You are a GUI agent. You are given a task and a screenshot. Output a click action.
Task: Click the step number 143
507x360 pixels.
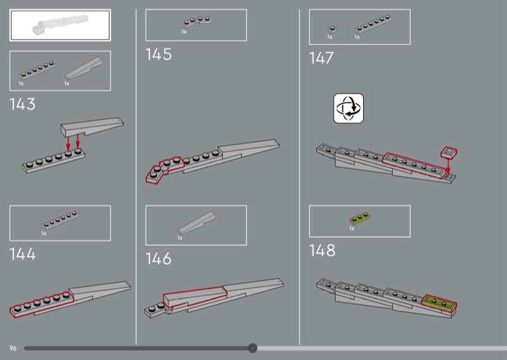[22, 104]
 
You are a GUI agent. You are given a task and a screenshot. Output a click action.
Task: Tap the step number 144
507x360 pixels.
[23, 254]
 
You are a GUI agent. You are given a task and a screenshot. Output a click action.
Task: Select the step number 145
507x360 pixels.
[158, 55]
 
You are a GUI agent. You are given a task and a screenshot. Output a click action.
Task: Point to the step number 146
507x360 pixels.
[158, 259]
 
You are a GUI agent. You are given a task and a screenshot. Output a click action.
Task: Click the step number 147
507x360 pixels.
[321, 58]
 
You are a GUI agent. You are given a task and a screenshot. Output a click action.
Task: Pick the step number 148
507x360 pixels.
[322, 250]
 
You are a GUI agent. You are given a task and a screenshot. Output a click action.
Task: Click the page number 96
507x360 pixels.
[13, 349]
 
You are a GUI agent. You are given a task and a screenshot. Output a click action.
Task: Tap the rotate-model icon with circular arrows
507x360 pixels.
[348, 108]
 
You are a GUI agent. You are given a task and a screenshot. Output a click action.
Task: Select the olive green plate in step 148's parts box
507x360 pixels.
[359, 218]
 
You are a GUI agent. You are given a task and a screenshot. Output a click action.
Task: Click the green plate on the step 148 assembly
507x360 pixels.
[439, 304]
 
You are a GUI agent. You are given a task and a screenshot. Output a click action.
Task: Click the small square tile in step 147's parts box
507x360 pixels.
[332, 30]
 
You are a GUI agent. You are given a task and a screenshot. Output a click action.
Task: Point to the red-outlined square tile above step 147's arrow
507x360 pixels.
[449, 152]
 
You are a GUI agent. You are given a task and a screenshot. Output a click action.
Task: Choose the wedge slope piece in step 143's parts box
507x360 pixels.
[84, 68]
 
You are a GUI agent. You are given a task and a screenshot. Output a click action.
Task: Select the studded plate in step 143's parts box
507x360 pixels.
[37, 70]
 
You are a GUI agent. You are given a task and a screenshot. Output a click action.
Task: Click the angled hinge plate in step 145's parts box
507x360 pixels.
[196, 22]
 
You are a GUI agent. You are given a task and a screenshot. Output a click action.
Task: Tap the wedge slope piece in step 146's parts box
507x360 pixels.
[196, 223]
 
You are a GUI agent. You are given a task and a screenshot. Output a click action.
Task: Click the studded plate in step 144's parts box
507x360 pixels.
[60, 220]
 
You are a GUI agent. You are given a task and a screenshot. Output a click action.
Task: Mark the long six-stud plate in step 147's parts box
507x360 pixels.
[373, 24]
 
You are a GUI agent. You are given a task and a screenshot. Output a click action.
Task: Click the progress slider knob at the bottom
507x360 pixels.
[252, 348]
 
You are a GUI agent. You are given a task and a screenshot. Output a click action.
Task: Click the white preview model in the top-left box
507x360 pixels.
[60, 25]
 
